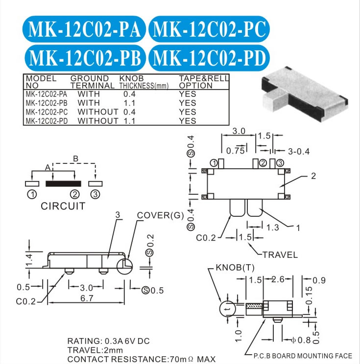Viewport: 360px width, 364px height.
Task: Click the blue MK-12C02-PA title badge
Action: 84,29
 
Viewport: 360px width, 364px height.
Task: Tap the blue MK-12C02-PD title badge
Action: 209,58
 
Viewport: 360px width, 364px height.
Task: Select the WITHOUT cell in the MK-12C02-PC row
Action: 98,112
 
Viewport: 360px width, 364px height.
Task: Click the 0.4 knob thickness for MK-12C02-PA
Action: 129,94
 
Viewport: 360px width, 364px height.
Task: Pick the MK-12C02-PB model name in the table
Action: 47,103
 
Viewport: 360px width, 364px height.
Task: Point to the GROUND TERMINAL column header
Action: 92,82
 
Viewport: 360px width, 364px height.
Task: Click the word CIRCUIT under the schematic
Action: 63,206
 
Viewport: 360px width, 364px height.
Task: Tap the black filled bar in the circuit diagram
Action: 64,183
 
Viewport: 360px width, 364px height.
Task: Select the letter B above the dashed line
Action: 75,159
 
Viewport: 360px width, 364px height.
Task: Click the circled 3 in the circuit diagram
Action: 96,194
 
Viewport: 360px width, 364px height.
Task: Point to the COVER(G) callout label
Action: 160,215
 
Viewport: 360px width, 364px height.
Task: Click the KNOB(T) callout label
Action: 235,268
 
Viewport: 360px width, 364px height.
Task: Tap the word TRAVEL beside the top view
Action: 280,255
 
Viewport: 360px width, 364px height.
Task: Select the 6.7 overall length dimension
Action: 87,298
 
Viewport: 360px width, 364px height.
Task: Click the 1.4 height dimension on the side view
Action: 29,260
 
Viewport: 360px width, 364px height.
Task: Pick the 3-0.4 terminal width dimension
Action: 299,152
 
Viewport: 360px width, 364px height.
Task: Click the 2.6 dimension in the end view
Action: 278,279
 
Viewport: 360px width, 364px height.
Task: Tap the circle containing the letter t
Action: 228,309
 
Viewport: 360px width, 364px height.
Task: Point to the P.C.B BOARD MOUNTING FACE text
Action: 303,356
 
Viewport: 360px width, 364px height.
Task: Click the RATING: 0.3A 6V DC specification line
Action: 109,341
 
